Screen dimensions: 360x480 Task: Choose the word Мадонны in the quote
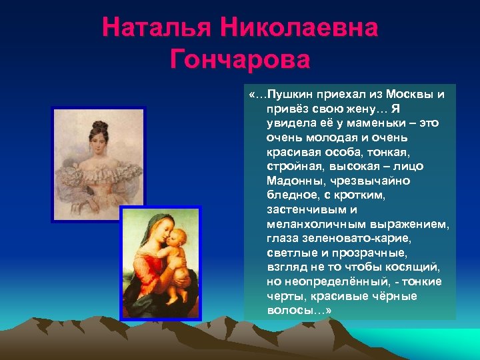point(293,181)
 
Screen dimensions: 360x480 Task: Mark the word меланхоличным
point(308,224)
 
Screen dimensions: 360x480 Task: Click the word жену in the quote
point(356,109)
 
